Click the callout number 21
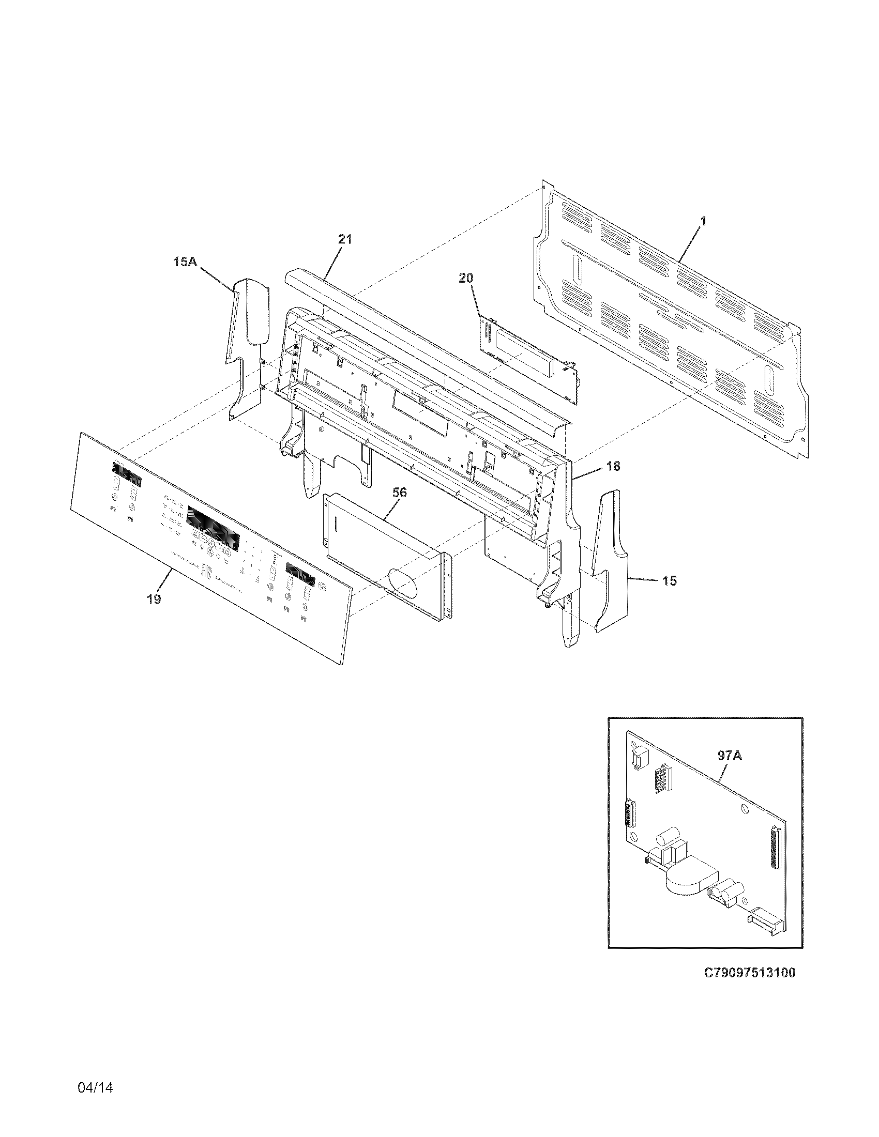345,239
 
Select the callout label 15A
185,262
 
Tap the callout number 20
465,278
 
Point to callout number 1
703,221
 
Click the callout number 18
613,467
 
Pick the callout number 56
399,492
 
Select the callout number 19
153,599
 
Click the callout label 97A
729,756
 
